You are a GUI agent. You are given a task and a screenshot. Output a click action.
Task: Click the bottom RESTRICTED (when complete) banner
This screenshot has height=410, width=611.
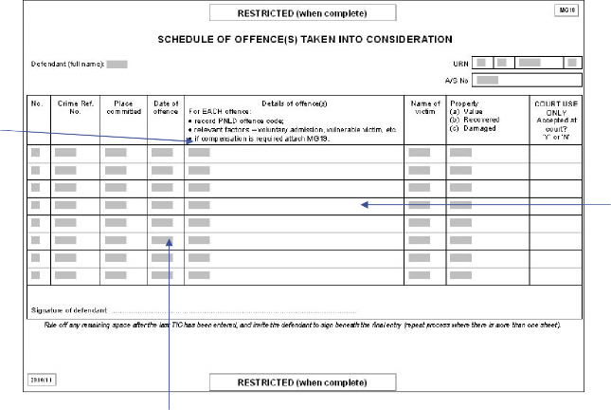coord(302,382)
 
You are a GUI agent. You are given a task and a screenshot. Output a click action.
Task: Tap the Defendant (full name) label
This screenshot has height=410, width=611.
coord(66,65)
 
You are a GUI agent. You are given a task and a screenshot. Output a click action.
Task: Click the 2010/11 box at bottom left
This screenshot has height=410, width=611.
coord(44,379)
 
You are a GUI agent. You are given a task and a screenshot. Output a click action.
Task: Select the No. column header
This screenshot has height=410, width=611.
coord(37,102)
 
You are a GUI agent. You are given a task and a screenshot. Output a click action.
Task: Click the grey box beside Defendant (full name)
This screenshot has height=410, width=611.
coord(117,65)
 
